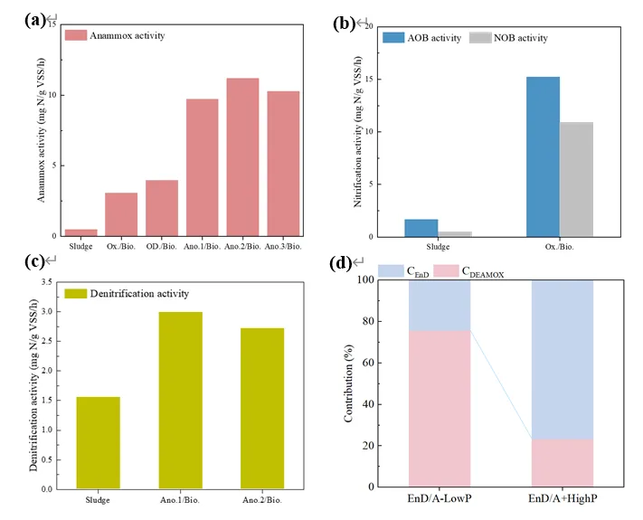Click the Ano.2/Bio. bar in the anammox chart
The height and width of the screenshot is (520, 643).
242,157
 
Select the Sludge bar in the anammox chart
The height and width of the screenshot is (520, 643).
80,232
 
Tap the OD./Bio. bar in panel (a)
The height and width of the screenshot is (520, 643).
162,208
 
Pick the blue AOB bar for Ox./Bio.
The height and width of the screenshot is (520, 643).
543,156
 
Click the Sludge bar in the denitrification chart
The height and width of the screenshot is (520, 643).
98,442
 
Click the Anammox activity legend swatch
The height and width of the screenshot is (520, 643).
76,35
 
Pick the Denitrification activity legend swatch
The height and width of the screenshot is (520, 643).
76,293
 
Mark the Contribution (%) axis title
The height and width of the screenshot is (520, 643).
349,383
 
